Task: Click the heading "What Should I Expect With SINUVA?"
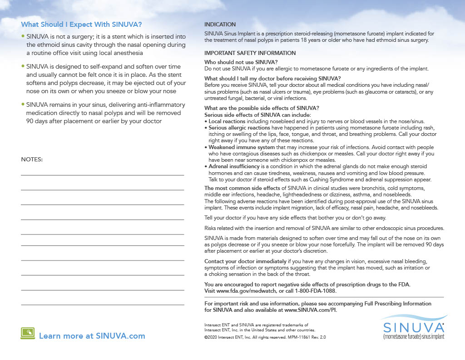pyautogui.click(x=81, y=24)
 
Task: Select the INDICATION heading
pyautogui.click(x=220, y=24)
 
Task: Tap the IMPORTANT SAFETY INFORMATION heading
pyautogui.click(x=250, y=53)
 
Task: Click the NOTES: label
pyautogui.click(x=32, y=160)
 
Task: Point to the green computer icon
pyautogui.click(x=28, y=334)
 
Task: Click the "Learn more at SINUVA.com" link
pyautogui.click(x=92, y=336)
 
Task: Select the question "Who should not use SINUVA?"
pyautogui.click(x=241, y=62)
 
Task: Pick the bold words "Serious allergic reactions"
pyautogui.click(x=239, y=128)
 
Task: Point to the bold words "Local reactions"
pyautogui.click(x=227, y=121)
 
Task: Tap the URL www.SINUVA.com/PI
pyautogui.click(x=311, y=310)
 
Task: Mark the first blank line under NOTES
pyautogui.click(x=102, y=175)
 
